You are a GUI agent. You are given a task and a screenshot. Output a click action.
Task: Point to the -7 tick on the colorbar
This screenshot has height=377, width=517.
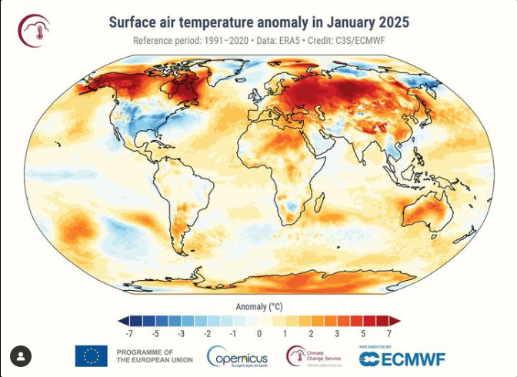133,335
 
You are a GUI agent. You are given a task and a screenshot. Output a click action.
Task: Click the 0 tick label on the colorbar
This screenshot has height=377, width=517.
259,335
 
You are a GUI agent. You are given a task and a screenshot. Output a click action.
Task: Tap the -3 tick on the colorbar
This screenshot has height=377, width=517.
181,335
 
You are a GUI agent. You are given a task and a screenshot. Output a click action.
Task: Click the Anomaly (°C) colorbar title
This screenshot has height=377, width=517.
258,306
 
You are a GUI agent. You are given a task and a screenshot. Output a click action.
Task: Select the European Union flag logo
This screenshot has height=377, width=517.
91,355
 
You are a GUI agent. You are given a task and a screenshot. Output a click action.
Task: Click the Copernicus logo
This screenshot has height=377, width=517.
238,357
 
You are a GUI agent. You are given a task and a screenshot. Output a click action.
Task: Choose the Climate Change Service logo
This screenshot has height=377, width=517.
315,356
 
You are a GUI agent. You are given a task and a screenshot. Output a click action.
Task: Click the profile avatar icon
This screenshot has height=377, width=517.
21,355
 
